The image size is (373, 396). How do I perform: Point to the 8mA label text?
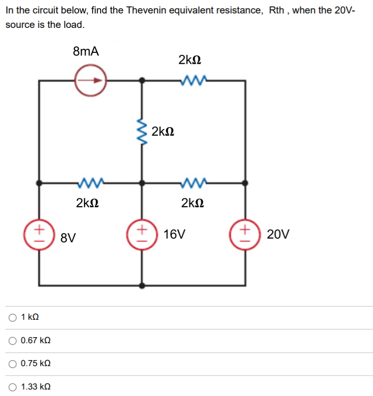86,51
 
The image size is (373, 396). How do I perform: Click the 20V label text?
278,234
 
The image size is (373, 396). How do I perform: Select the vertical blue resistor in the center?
142,132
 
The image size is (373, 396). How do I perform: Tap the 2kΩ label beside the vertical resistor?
163,132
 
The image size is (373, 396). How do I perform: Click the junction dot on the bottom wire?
142,286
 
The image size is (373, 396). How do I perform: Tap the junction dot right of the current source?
142,80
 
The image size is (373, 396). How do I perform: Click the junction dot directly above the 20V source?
245,183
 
